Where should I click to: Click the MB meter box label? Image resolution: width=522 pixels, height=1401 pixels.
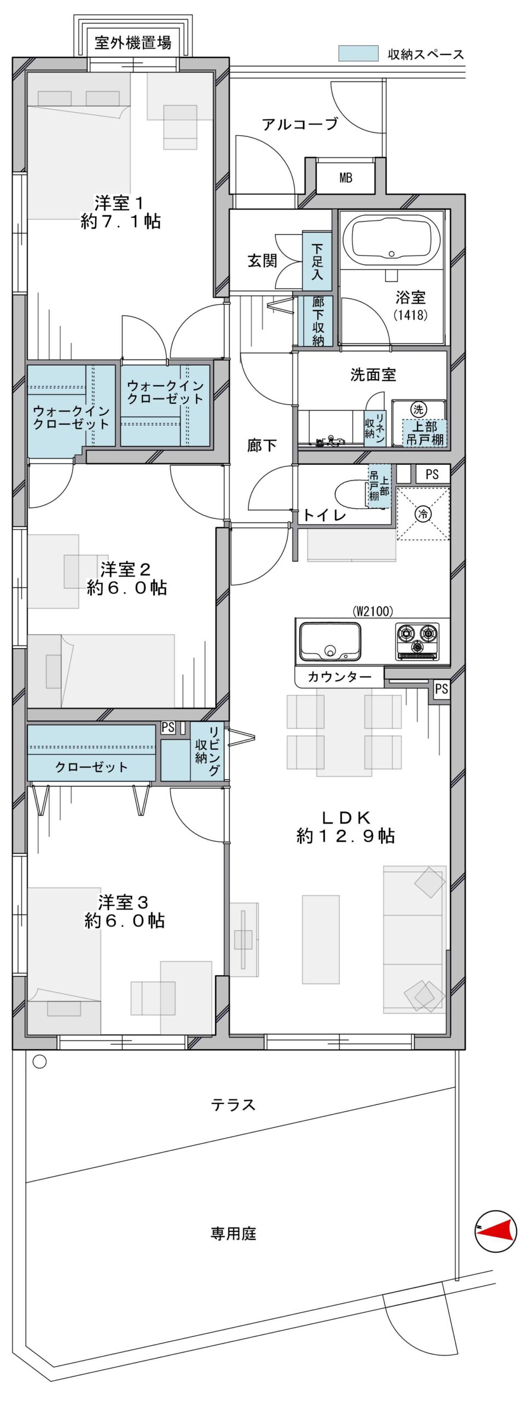pos(345,178)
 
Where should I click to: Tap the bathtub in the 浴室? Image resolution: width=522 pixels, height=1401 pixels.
pos(391,239)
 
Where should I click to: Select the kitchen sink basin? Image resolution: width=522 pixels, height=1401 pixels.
pos(329,641)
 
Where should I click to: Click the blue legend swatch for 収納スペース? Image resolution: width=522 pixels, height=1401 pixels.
pos(358,54)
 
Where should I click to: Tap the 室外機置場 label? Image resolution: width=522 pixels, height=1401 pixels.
pos(133,42)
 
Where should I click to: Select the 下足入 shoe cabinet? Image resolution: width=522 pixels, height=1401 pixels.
pos(317,261)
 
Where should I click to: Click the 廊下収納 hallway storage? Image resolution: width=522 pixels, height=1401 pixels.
pos(318,321)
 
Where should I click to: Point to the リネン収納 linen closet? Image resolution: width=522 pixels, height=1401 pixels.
pos(375,429)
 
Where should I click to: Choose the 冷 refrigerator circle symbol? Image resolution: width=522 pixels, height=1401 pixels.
pos(423,513)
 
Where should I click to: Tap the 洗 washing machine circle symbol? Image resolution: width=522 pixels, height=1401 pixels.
pos(418,409)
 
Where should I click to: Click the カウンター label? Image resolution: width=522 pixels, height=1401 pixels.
pos(339,677)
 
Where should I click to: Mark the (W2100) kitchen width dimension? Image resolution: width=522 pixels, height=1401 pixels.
pos(373,611)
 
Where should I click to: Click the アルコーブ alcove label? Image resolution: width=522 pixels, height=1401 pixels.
pos(300,124)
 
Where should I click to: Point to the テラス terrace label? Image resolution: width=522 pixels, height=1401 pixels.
pos(234,1105)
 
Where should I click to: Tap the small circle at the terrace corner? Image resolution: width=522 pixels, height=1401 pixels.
pos(39,1062)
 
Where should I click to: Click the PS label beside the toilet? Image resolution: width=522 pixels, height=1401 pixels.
pos(432,474)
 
